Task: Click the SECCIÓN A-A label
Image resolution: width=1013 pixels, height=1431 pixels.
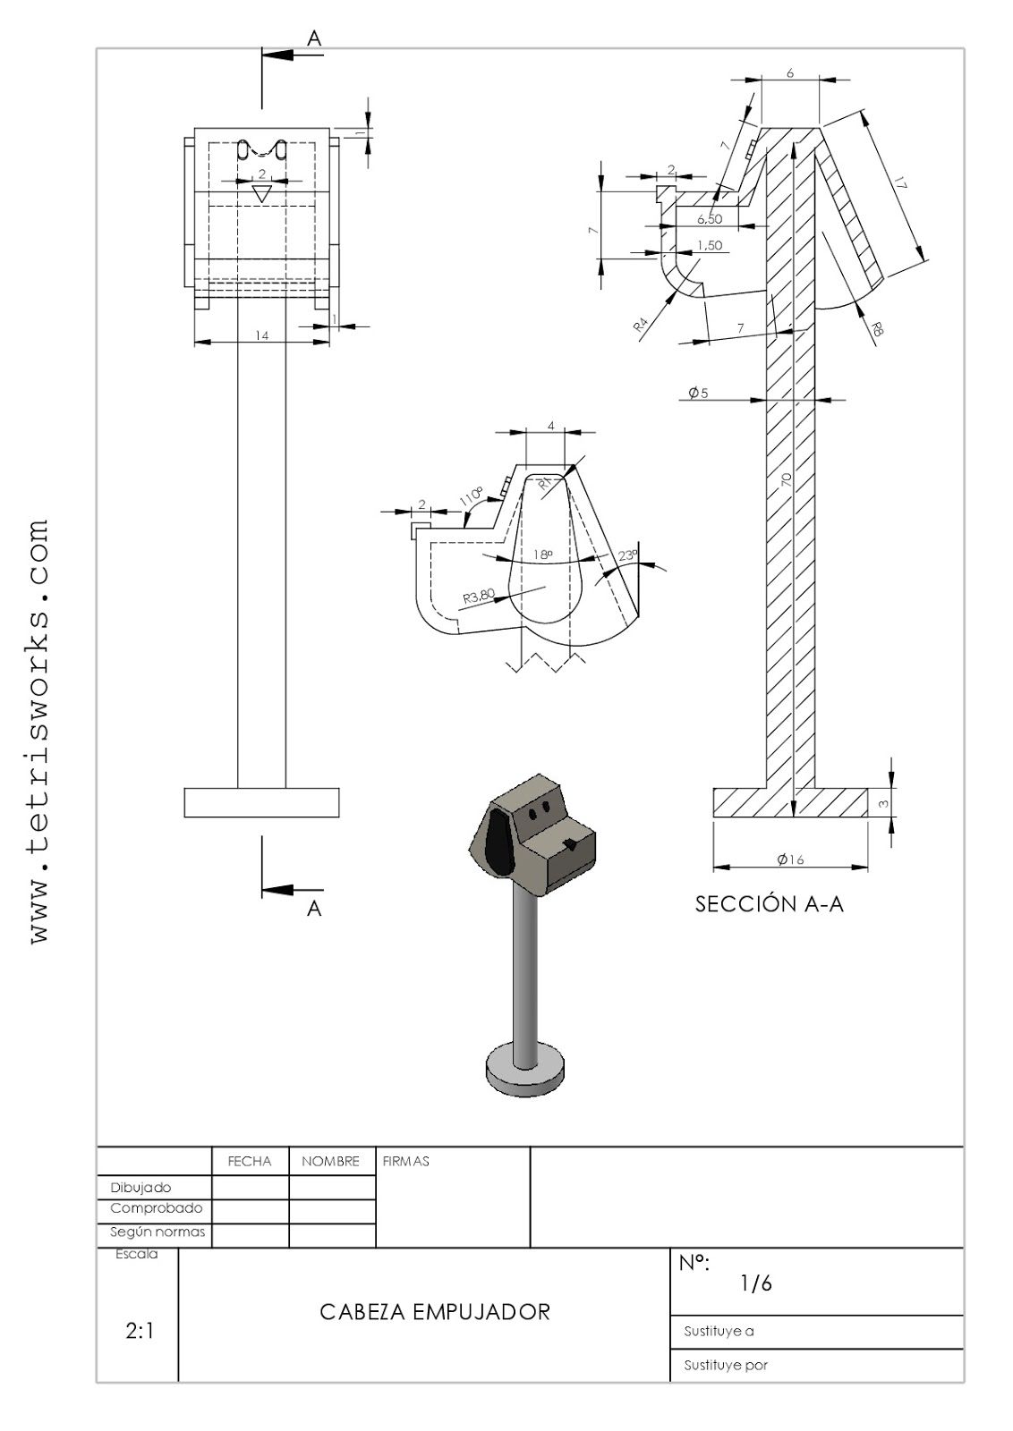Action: click(x=769, y=904)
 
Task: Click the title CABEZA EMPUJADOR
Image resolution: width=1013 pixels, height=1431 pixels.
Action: click(x=435, y=1312)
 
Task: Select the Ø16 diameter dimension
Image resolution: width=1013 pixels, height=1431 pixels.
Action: click(x=790, y=859)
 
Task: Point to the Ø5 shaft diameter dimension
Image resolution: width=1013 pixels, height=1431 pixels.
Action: click(x=698, y=393)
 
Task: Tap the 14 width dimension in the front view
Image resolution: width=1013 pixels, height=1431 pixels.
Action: click(x=262, y=335)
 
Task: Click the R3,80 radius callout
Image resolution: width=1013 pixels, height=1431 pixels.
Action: click(x=479, y=596)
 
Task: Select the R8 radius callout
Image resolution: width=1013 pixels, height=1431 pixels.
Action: click(x=877, y=328)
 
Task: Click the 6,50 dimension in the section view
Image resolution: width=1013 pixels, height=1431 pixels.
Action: click(x=709, y=219)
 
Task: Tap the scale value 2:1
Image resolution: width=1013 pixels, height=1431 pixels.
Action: click(x=139, y=1331)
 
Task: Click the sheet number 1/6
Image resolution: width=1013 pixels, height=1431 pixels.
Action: click(x=755, y=1283)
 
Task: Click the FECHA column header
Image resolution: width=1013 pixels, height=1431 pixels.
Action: click(x=250, y=1161)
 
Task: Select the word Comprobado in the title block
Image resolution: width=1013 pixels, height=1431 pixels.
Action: click(x=156, y=1208)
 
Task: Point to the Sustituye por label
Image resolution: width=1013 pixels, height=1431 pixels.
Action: click(x=725, y=1365)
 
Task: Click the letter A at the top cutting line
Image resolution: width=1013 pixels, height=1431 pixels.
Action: click(x=314, y=38)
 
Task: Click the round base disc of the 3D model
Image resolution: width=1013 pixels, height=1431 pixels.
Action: click(x=525, y=1068)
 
